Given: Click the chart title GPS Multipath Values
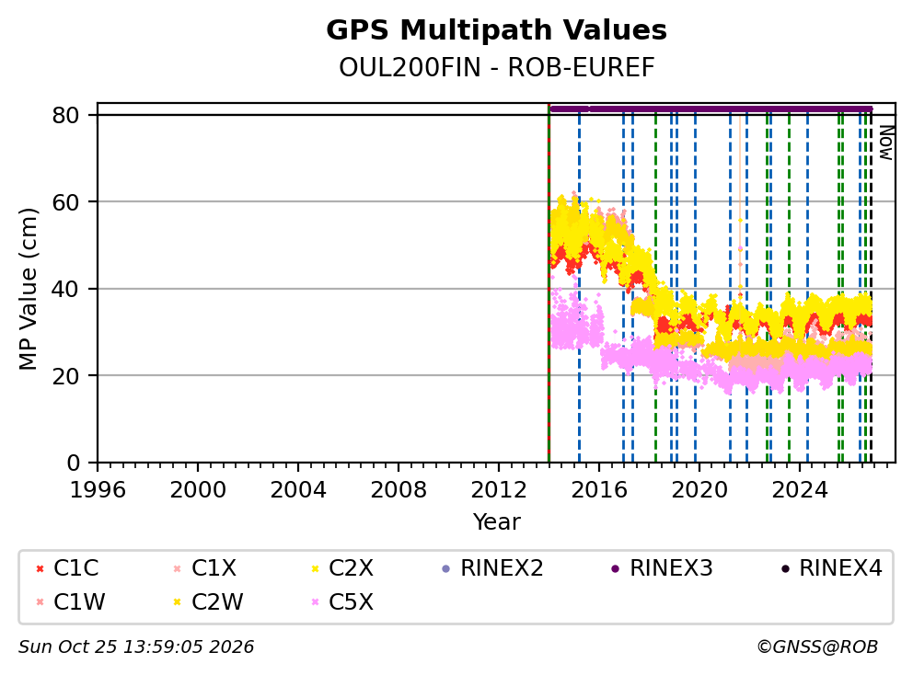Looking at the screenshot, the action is click(x=496, y=30).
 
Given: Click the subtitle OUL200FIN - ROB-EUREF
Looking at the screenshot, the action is click(x=497, y=67).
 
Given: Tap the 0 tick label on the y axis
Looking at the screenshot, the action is click(x=74, y=463).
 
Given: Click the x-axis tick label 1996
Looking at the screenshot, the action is click(x=98, y=490).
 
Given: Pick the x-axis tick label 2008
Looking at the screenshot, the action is click(x=399, y=490).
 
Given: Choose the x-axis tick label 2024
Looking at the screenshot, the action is click(x=800, y=490).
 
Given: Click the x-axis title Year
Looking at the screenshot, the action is click(x=496, y=521).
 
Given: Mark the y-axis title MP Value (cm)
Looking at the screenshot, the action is click(x=28, y=289).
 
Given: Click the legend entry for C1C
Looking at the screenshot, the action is click(x=67, y=568).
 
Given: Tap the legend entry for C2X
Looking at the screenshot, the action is click(x=343, y=568).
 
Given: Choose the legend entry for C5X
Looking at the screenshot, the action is click(x=343, y=601).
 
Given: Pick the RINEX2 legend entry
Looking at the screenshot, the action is click(x=492, y=568).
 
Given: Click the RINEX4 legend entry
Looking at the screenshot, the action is click(x=831, y=568).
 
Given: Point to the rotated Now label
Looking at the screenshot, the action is click(x=886, y=143).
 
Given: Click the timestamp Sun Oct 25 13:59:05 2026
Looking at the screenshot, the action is click(x=136, y=646).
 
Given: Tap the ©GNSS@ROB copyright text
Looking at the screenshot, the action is click(x=817, y=646).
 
